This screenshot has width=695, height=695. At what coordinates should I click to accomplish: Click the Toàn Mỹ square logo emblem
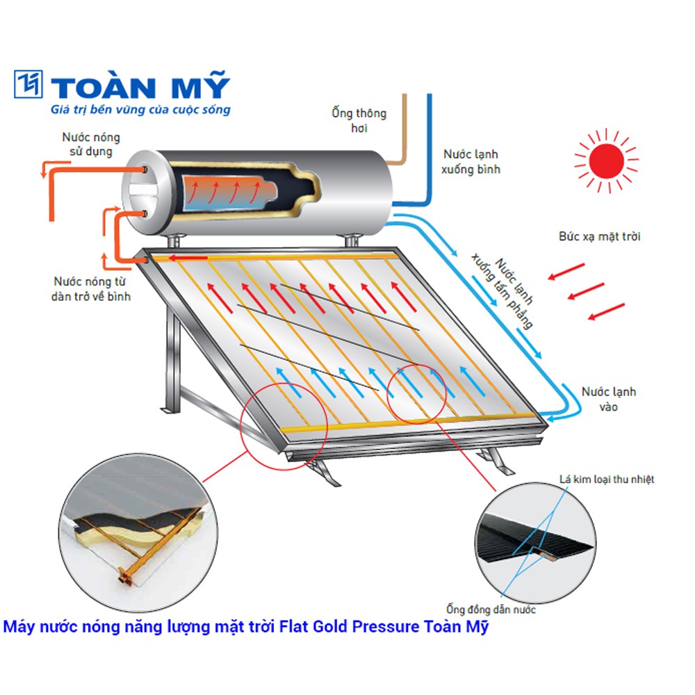click(x=30, y=84)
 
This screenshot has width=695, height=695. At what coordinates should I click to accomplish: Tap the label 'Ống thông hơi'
click(x=359, y=120)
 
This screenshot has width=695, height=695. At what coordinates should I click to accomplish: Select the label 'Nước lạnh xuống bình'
click(x=471, y=161)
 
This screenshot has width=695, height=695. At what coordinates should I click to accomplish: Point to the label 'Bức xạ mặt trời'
click(x=600, y=236)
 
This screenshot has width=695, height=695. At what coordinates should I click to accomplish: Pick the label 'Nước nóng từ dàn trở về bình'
click(x=92, y=288)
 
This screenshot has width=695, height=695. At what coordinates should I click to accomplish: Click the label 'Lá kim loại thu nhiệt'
click(x=607, y=479)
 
